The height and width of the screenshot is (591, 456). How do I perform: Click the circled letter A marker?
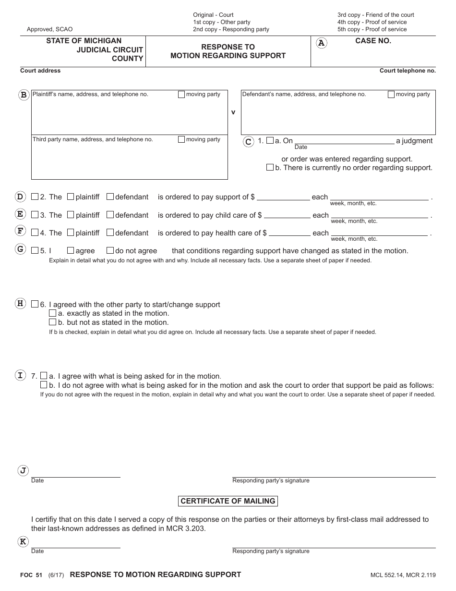click(322, 43)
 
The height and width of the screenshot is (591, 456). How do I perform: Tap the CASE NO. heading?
click(373, 41)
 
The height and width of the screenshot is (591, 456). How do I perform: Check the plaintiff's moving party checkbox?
click(181, 95)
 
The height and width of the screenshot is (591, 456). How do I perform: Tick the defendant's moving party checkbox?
click(391, 95)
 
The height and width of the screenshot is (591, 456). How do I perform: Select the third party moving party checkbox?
click(181, 140)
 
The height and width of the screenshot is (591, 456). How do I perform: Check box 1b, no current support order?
click(270, 168)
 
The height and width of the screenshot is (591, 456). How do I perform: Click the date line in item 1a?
click(344, 141)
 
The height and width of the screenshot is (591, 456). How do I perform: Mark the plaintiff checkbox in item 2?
click(71, 197)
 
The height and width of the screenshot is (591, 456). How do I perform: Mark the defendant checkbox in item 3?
click(110, 215)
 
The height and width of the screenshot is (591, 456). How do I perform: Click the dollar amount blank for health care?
click(289, 234)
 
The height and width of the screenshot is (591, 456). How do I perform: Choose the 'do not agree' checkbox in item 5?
click(110, 250)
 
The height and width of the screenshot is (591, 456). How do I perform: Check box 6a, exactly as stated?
click(53, 313)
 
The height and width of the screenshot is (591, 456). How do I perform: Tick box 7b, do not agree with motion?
click(44, 385)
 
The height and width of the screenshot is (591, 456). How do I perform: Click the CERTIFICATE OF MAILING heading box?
click(228, 501)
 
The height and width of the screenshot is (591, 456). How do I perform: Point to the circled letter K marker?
click(23, 542)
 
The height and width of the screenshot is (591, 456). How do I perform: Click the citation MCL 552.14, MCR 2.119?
click(403, 575)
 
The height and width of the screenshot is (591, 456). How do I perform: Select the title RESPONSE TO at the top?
click(228, 47)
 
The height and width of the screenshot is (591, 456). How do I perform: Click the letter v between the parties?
click(233, 112)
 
